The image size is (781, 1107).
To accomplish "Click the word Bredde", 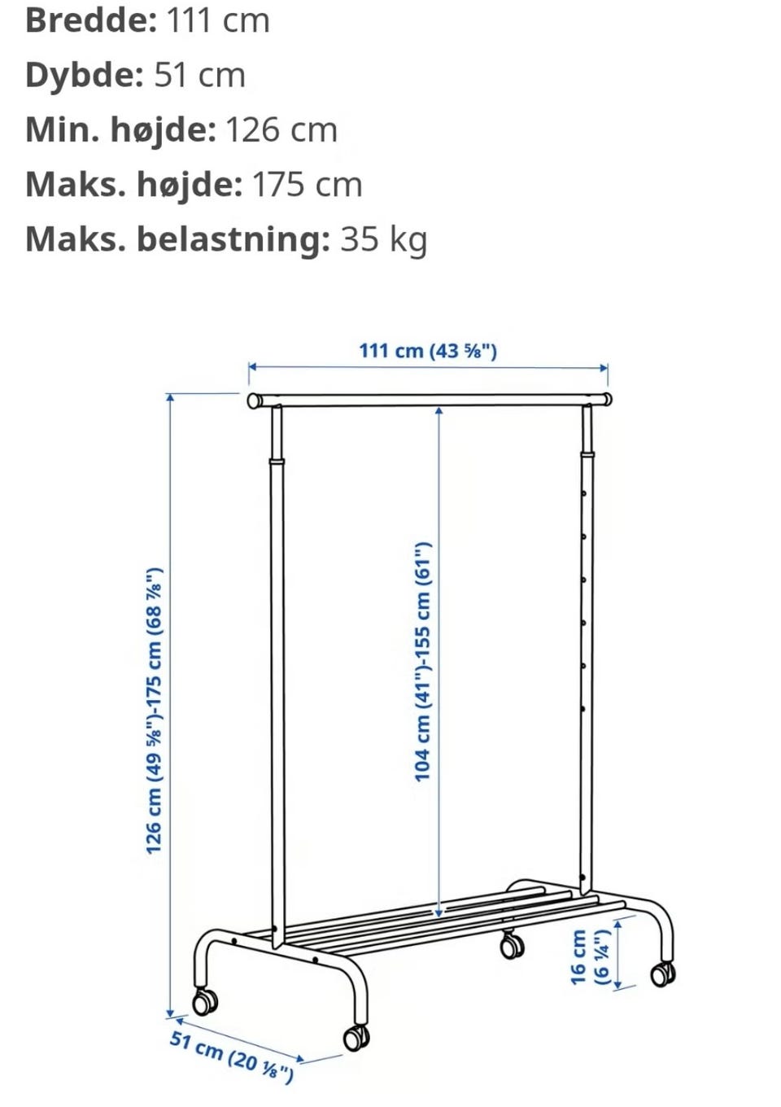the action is [x=90, y=21].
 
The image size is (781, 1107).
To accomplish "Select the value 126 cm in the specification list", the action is [x=281, y=130].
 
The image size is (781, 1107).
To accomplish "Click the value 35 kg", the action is [x=383, y=240].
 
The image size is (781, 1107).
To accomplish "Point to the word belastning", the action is [x=233, y=238].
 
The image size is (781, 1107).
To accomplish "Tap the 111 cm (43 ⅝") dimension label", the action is [x=428, y=352].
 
